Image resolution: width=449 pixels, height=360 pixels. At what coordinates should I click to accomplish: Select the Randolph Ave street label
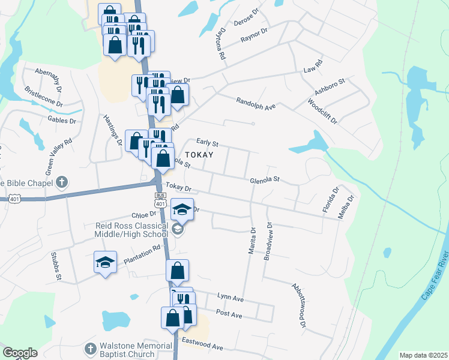click(255, 103)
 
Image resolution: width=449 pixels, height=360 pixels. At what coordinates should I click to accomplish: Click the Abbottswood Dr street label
click(299, 305)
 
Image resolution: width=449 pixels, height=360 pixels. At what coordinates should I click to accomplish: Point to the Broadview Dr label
click(268, 242)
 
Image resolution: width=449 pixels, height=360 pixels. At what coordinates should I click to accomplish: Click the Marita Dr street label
click(252, 241)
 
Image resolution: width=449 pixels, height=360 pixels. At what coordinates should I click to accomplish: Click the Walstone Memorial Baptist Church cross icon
click(90, 349)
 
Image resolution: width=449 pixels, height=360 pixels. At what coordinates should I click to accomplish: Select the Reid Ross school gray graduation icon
click(177, 229)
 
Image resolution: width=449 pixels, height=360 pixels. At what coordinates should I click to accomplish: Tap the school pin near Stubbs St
click(105, 263)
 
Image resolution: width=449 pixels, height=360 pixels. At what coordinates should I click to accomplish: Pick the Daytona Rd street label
click(221, 46)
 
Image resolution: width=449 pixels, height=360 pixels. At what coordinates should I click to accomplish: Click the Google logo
click(20, 353)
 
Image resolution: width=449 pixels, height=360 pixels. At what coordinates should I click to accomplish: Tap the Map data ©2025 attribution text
click(423, 355)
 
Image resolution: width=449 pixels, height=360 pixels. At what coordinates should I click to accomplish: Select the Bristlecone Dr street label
click(43, 96)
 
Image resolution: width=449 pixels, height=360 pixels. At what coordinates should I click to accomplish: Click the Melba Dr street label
click(348, 206)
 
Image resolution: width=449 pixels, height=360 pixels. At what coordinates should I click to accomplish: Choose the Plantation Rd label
click(142, 254)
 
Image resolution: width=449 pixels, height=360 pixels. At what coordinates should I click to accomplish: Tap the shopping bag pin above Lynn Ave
click(177, 271)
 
